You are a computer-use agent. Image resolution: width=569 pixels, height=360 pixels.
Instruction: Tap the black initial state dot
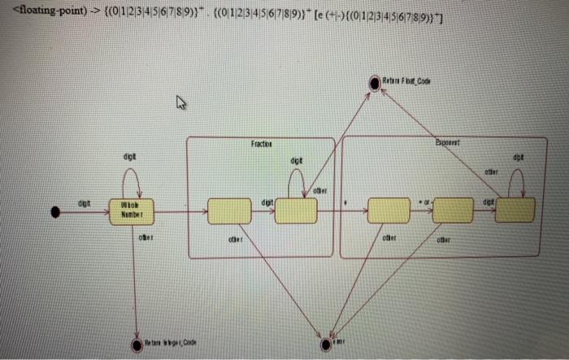(55, 211)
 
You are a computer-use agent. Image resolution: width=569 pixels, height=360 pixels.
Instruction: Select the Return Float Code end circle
(374, 82)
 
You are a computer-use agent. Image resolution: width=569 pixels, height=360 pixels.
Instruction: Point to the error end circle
(326, 343)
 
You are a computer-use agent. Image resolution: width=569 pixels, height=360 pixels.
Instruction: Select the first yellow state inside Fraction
(229, 210)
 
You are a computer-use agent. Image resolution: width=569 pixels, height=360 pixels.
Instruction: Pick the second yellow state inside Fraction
(296, 210)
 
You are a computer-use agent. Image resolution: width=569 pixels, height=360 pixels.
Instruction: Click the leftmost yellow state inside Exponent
(389, 210)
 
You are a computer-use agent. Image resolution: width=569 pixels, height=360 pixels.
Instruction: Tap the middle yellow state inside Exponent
(452, 210)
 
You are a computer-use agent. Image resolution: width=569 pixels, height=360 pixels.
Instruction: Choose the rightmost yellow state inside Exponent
(515, 209)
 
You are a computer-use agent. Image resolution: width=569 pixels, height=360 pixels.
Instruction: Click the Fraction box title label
(261, 143)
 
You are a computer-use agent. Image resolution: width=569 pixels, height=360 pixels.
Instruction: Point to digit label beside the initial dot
(85, 202)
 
